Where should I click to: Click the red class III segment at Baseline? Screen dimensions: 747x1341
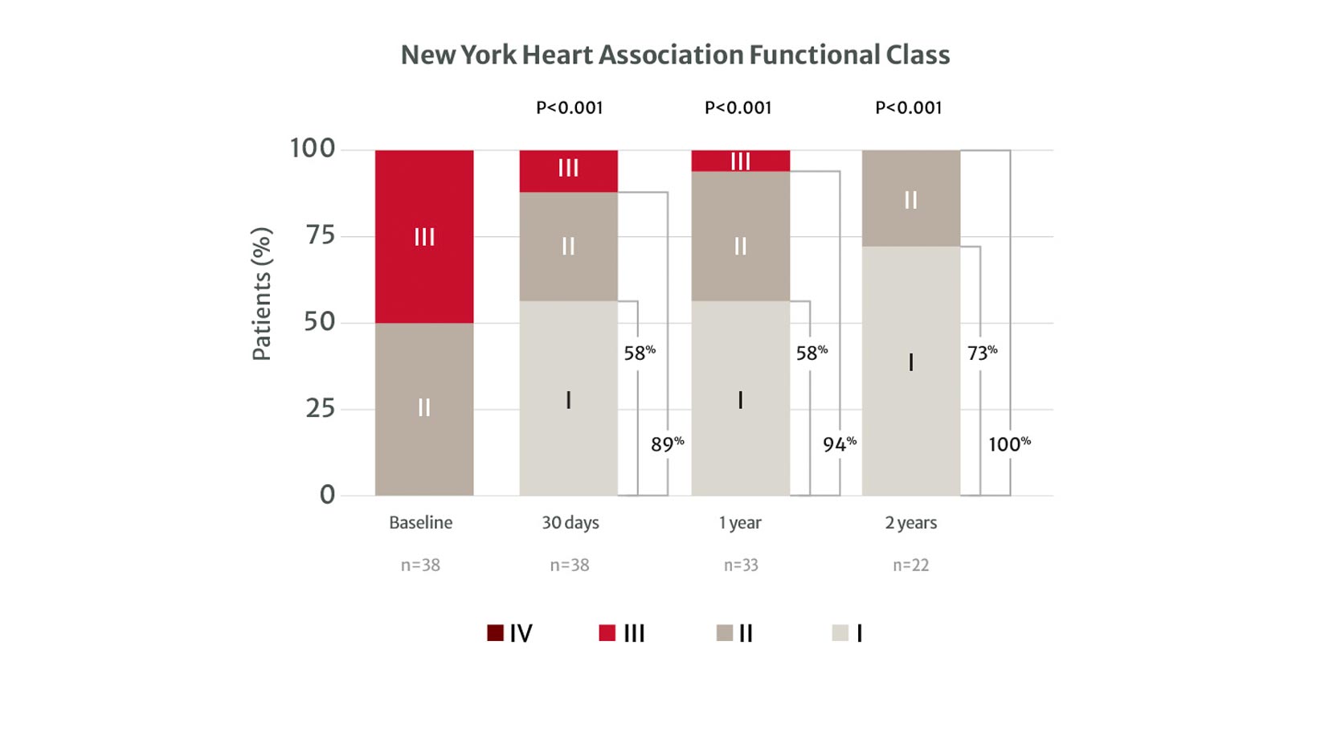point(424,236)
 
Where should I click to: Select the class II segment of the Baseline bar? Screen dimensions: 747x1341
point(424,408)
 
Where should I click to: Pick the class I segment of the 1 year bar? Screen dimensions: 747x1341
point(740,398)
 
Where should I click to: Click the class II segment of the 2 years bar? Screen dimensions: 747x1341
point(910,198)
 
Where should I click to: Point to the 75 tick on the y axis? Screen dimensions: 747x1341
point(320,235)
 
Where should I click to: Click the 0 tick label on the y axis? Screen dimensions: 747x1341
point(327,495)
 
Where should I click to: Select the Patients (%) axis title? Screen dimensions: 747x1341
point(262,294)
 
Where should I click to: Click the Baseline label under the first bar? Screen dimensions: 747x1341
point(420,523)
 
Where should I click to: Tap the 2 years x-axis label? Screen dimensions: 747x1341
point(910,523)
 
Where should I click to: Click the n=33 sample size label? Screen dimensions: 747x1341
point(741,565)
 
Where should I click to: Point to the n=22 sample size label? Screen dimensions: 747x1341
point(910,565)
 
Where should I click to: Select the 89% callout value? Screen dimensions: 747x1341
point(667,444)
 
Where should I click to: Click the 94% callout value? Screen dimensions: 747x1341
point(839,444)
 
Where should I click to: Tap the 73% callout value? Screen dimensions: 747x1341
point(982,353)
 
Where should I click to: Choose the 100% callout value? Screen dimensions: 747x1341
point(1009,444)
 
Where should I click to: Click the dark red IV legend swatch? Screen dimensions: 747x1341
point(495,633)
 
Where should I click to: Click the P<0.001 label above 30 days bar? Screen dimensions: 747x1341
point(569,108)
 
